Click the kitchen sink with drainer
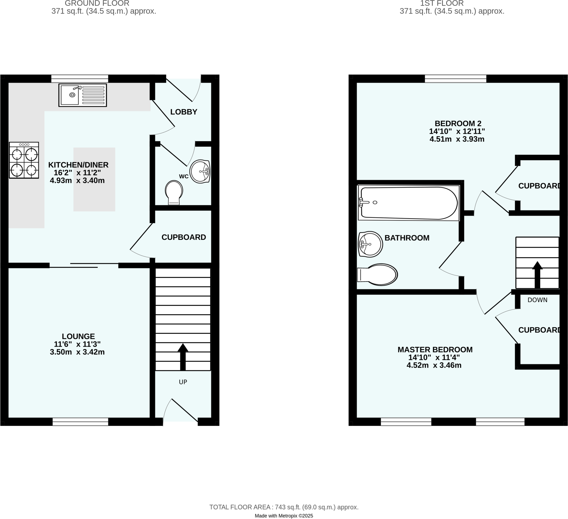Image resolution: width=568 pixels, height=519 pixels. point(83,95)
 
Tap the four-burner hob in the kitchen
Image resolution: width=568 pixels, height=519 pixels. point(24,160)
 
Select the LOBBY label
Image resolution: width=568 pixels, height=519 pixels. point(184,112)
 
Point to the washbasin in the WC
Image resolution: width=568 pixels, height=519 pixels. point(200,171)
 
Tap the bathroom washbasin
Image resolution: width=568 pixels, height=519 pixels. point(370,244)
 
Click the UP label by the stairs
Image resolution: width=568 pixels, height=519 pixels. point(183,382)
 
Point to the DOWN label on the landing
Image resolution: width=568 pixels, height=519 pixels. point(537,300)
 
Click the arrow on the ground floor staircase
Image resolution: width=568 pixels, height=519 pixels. point(183,356)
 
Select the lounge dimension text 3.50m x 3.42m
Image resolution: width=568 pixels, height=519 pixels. point(77,352)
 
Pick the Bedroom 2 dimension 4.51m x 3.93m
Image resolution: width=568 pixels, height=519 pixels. point(457,139)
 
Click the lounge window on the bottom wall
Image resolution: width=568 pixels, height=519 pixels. point(80,422)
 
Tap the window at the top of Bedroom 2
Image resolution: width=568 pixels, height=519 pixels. point(455,79)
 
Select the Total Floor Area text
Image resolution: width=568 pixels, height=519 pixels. point(284,507)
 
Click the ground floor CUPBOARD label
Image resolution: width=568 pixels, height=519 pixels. point(184,237)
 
